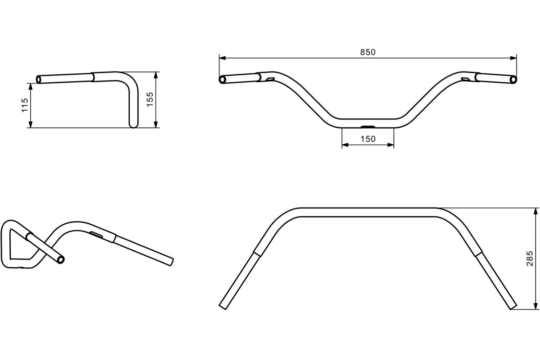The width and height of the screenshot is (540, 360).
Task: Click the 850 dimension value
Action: point(368,52)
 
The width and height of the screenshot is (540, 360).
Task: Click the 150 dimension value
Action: point(368,139)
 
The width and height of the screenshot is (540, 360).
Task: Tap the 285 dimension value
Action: point(530,258)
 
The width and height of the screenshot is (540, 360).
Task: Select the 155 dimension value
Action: point(150,99)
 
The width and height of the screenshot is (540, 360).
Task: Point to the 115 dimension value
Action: point(25,105)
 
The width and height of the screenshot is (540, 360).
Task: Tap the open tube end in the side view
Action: point(39,79)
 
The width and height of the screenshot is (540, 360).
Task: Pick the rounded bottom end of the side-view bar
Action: point(133,124)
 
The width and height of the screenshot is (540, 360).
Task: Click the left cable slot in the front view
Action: point(270,79)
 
